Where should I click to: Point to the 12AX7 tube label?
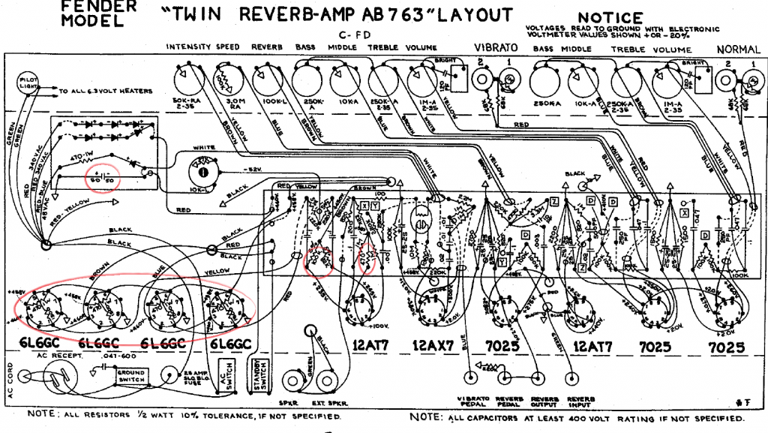(431, 347)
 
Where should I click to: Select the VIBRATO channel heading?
(495, 48)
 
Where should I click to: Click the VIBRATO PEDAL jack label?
(472, 401)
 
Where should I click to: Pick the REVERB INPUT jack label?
(583, 401)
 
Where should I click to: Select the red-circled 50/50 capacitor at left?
(100, 179)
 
